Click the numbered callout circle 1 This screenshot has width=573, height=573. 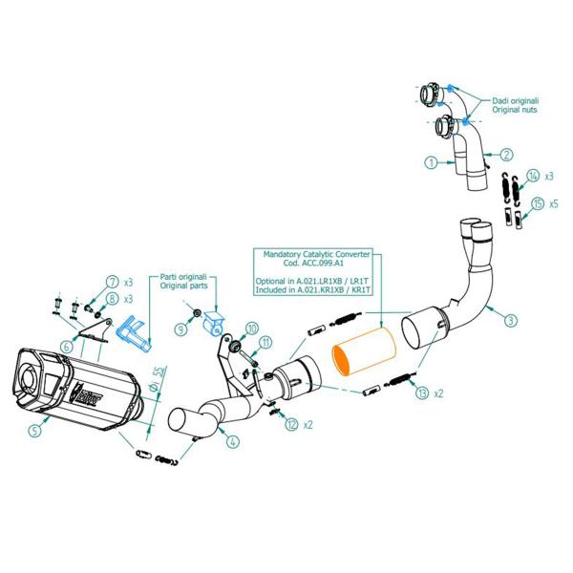click(433, 163)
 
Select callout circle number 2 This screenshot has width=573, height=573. click(507, 153)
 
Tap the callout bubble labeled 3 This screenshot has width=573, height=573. click(513, 319)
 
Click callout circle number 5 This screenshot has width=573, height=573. click(35, 431)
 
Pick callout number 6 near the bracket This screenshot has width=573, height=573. click(66, 346)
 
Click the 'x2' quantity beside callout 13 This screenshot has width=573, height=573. click(438, 393)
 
